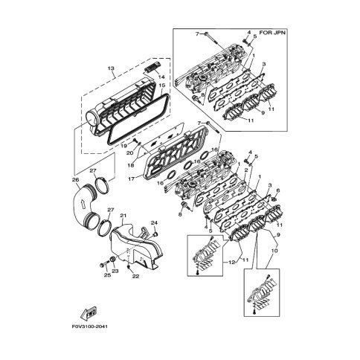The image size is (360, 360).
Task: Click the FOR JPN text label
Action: [272, 33]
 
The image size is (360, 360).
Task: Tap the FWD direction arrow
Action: [89, 313]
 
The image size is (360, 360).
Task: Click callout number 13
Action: [111, 68]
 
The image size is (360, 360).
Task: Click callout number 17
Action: [132, 179]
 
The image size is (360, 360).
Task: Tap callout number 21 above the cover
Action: [123, 216]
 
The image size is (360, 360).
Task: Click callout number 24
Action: [155, 223]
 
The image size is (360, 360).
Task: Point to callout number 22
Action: [135, 276]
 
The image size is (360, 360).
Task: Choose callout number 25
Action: [107, 275]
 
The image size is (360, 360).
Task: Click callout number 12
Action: [231, 263]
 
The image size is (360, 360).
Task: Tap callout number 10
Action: [274, 251]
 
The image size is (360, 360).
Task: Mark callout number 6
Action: [278, 190]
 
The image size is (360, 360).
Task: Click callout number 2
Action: [246, 170]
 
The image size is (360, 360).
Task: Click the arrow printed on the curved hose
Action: [81, 205]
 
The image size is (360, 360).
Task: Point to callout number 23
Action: [115, 271]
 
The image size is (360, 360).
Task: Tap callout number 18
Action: [131, 165]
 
